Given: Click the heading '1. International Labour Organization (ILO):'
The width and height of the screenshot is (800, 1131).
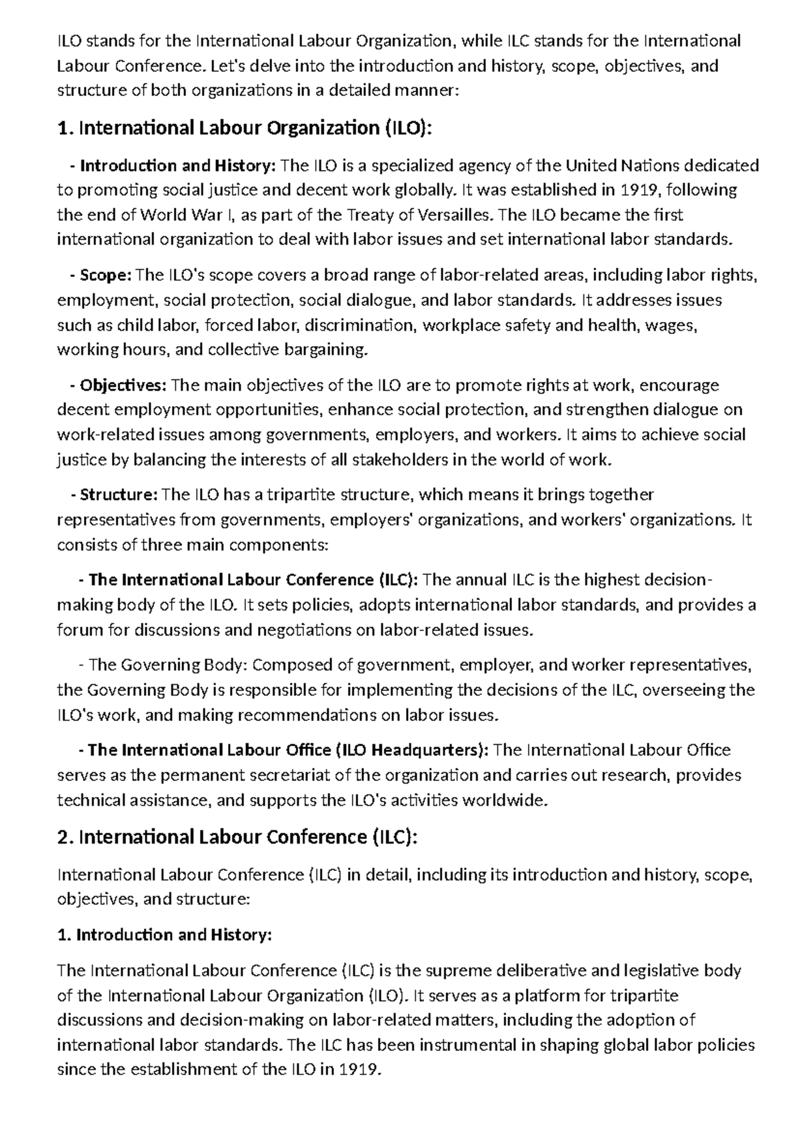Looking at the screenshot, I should click(x=245, y=128).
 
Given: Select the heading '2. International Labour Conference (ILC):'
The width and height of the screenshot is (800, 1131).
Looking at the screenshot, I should click(x=238, y=837).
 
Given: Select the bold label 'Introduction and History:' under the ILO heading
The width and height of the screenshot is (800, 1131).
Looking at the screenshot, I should click(x=177, y=165).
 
